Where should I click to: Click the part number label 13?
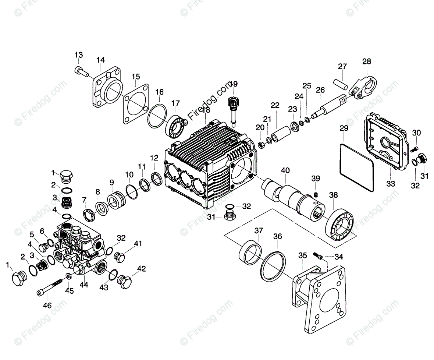79,55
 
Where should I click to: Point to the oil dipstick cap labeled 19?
232,103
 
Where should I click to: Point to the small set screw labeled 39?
316,194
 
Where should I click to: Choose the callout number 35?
302,255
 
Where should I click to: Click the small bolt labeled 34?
317,255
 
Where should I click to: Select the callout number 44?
84,285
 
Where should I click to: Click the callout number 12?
154,158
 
